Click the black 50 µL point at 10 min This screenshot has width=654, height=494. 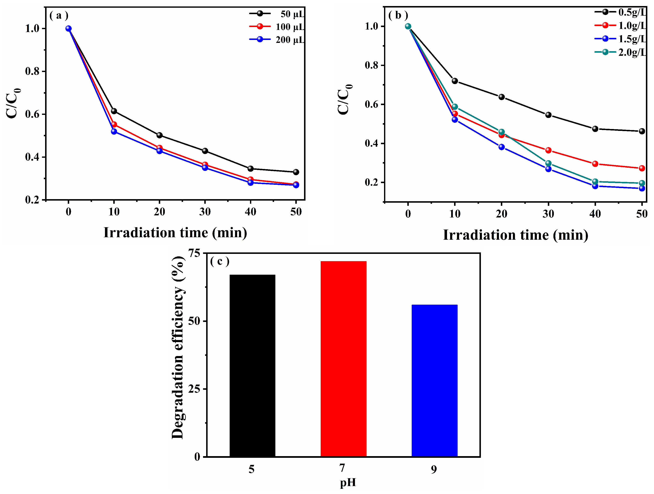[114, 111]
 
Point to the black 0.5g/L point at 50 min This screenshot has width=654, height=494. [642, 131]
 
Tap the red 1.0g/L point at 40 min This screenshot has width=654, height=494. [595, 164]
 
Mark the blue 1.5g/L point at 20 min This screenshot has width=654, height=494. [501, 147]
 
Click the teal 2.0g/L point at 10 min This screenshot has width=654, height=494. [455, 107]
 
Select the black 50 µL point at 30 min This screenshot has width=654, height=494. [205, 151]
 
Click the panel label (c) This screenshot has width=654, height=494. [220, 261]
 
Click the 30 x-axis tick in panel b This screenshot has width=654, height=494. [548, 214]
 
